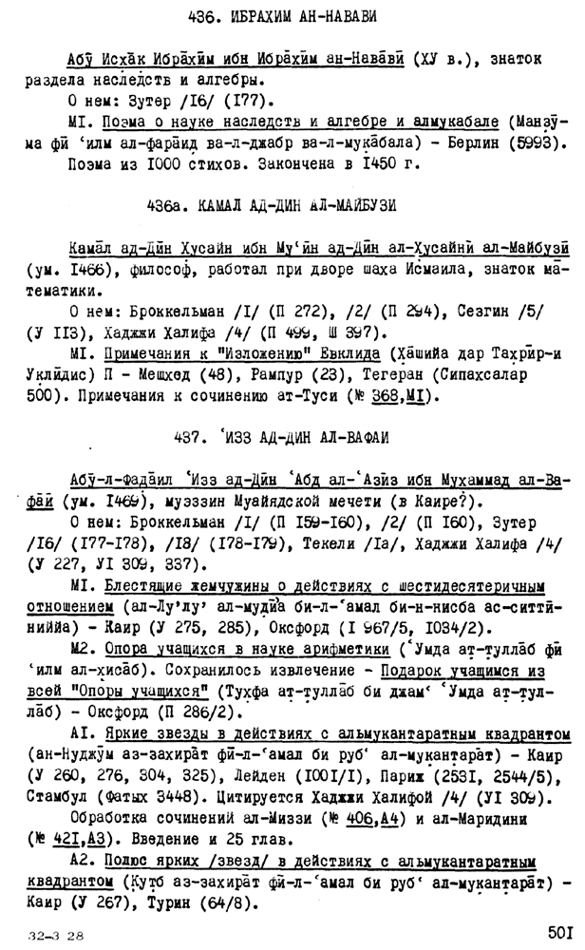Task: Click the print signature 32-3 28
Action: [x=57, y=934]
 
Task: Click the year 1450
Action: [x=387, y=163]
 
